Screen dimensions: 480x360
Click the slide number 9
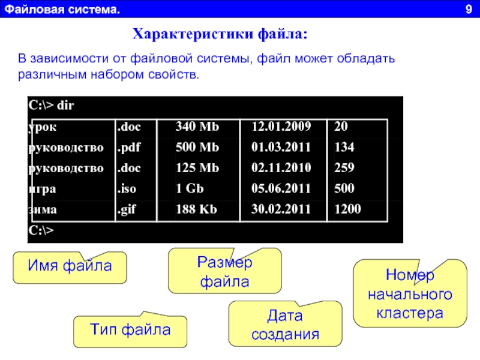[469, 9]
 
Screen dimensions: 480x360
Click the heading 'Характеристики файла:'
[220, 34]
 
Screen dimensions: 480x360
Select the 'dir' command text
[65, 106]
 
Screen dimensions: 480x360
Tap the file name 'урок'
[42, 127]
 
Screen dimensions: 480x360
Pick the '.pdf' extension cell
[128, 148]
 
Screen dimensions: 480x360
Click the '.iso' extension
[127, 188]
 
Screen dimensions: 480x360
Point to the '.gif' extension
[127, 210]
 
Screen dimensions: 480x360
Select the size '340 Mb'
[197, 127]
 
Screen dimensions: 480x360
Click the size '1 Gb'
[190, 188]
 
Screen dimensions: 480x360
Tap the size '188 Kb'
[196, 209]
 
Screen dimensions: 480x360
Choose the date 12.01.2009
[281, 127]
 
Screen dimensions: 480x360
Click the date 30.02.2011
[281, 209]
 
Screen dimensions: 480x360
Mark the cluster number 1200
[348, 209]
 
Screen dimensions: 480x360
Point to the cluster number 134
[344, 147]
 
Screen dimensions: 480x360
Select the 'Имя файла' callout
[70, 267]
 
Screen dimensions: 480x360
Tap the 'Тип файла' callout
[130, 331]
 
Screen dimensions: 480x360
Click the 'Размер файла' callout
[224, 272]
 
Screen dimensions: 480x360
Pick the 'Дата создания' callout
[286, 324]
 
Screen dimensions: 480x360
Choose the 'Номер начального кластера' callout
[410, 294]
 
